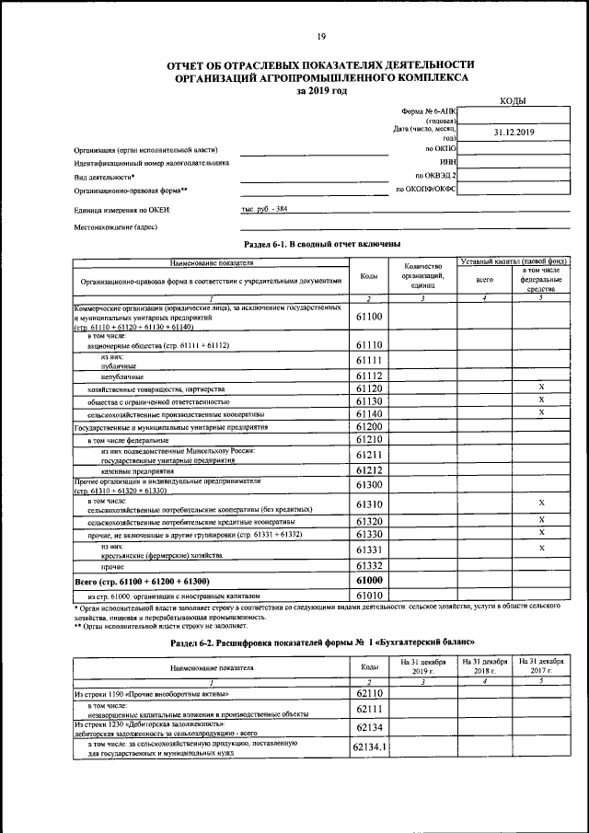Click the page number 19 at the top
321,37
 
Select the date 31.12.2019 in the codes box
514,133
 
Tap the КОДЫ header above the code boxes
513,99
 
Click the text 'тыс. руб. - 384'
264,210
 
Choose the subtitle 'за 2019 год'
321,91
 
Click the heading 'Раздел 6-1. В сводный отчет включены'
321,244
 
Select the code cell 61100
368,317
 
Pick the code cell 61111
368,360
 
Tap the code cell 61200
368,428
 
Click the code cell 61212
368,470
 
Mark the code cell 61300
368,485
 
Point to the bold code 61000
368,582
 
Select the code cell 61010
368,596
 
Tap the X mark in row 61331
542,549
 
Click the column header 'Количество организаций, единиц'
422,276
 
